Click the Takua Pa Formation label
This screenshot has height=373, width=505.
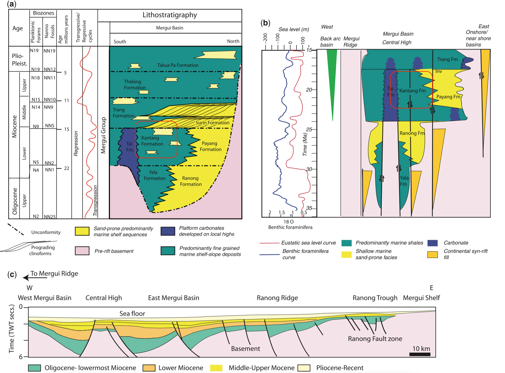[x=178, y=65]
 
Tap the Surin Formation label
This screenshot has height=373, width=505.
[x=212, y=123]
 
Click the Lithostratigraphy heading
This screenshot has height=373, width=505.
[x=170, y=15]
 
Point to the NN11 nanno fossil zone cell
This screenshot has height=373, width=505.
[x=50, y=78]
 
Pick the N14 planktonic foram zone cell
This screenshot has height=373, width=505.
[x=36, y=107]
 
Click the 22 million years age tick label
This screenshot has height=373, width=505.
[x=67, y=168]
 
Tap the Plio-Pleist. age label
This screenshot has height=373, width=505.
[x=20, y=60]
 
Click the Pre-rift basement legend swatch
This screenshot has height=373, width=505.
[x=82, y=251]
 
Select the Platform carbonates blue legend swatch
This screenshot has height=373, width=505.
[x=168, y=231]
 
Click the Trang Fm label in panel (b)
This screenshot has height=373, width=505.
[x=447, y=59]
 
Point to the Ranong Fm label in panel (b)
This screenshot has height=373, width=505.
[x=412, y=133]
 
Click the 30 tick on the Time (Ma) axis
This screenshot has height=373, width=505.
[x=309, y=169]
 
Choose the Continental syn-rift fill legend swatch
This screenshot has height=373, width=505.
[x=432, y=255]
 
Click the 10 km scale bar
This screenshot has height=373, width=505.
[x=420, y=354]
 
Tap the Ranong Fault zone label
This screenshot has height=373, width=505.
[x=375, y=339]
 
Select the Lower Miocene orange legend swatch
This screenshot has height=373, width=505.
[x=149, y=368]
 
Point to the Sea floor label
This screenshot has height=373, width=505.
[x=132, y=314]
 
